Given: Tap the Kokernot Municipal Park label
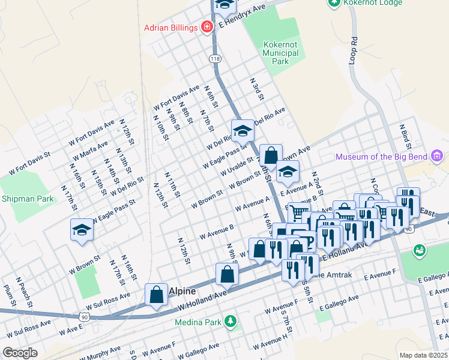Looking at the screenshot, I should click(x=280, y=53).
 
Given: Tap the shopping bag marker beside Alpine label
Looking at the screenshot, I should click(x=156, y=295).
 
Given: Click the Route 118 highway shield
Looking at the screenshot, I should click(x=215, y=58).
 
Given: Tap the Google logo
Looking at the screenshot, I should click(x=20, y=353).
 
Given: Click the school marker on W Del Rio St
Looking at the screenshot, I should click(x=243, y=130).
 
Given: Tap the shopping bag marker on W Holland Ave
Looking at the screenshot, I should click(x=227, y=275).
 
